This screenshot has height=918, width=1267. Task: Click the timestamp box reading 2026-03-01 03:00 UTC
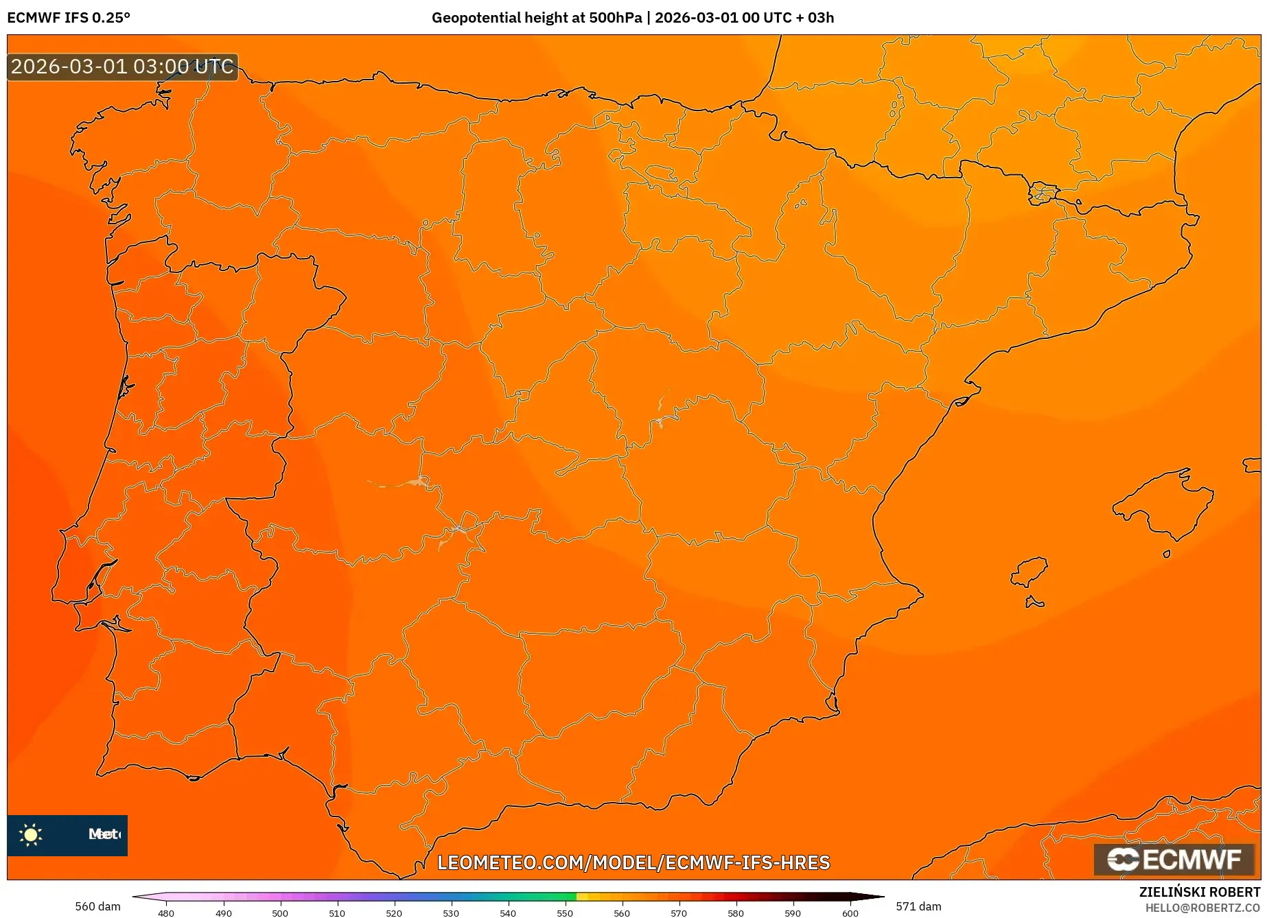click(x=122, y=67)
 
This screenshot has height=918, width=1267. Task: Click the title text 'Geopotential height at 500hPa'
click(x=537, y=18)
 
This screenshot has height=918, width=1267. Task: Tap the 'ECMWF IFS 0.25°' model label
click(x=69, y=18)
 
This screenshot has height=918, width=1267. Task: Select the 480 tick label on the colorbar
click(x=166, y=913)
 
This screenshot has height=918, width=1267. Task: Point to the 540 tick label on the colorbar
click(x=508, y=913)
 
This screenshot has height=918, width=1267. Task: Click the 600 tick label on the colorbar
click(x=850, y=913)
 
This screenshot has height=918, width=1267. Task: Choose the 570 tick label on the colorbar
click(x=679, y=913)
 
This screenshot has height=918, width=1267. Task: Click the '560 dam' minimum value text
click(x=97, y=906)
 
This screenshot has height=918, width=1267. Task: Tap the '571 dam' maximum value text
click(x=918, y=906)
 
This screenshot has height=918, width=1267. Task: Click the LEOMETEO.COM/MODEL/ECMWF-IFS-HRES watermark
click(x=633, y=862)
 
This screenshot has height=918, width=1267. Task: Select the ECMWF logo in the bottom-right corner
click(x=1174, y=859)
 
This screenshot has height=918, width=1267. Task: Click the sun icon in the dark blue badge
click(x=31, y=834)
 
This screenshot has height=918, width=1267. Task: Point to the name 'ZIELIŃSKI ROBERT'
click(x=1200, y=892)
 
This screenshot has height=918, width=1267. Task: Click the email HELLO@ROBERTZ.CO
click(x=1202, y=908)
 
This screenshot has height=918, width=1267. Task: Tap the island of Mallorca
click(x=1163, y=504)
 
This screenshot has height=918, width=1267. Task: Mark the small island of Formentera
click(x=1034, y=603)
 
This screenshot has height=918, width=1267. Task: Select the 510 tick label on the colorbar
click(x=337, y=913)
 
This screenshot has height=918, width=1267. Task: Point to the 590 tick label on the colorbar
click(x=793, y=913)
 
